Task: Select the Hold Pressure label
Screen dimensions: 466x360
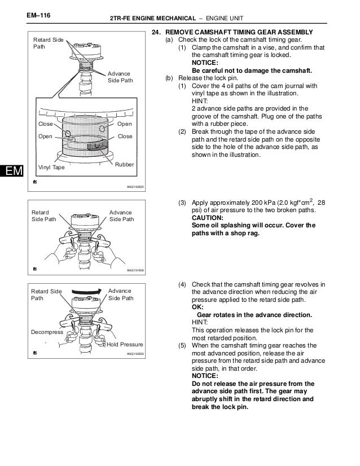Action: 125,344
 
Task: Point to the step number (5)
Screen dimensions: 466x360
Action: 182,344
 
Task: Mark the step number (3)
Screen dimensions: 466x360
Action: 182,203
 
